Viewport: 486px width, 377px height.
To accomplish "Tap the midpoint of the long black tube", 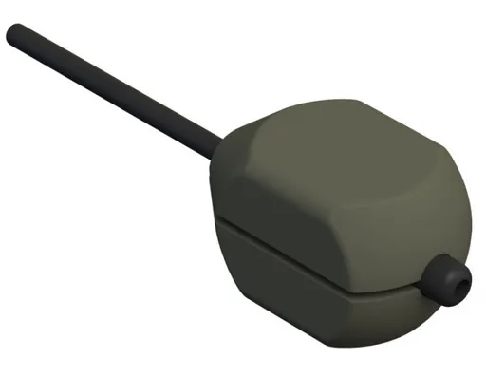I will [114, 90].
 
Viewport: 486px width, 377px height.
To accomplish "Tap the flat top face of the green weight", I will [327, 152].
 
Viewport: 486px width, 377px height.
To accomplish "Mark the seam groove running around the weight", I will [313, 258].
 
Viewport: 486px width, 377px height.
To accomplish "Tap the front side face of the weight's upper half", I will [294, 223].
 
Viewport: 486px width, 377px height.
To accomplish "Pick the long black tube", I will [114, 90].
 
